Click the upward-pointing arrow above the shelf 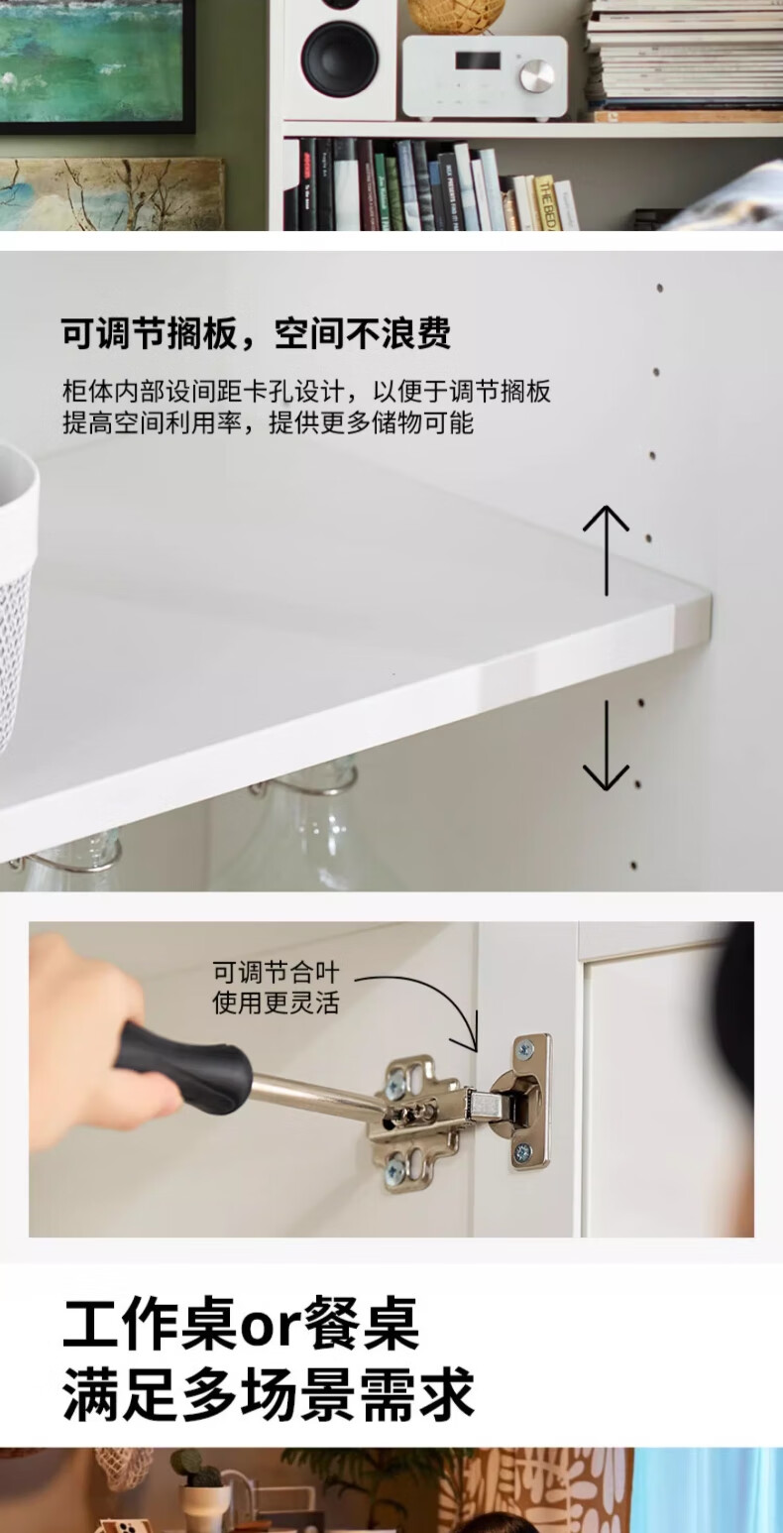pyautogui.click(x=606, y=550)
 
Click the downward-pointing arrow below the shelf pyautogui.click(x=606, y=746)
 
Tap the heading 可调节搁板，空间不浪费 pyautogui.click(x=257, y=333)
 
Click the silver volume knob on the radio pyautogui.click(x=537, y=74)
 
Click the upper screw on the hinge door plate pyautogui.click(x=524, y=1048)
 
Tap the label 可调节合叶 pyautogui.click(x=276, y=972)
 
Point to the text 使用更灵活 pyautogui.click(x=276, y=1002)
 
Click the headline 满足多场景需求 pyautogui.click(x=268, y=1394)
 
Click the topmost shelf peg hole pyautogui.click(x=660, y=289)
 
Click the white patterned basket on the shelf pyautogui.click(x=17, y=594)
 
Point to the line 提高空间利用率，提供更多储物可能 pyautogui.click(x=268, y=423)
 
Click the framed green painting pyautogui.click(x=96, y=65)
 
